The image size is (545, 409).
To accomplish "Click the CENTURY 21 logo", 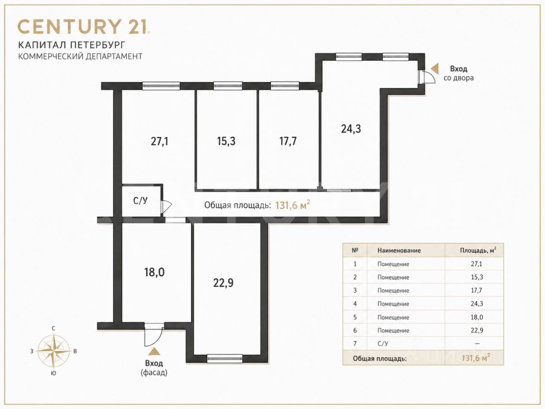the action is (x=84, y=26).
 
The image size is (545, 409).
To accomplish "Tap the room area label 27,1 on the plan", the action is (x=159, y=141).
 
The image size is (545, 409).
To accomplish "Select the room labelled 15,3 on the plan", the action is (x=226, y=141).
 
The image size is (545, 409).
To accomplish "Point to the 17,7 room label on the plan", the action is (x=288, y=141).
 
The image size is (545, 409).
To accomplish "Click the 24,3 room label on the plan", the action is (x=351, y=129).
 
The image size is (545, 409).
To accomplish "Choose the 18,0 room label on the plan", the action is (x=154, y=272).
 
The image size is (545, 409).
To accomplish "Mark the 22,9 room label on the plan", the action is (x=223, y=283).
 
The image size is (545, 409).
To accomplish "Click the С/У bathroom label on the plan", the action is (x=140, y=201).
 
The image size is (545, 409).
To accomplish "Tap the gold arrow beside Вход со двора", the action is (x=435, y=69).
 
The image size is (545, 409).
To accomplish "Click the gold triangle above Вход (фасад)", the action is (x=154, y=351).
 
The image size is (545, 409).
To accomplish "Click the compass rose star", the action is (x=53, y=351).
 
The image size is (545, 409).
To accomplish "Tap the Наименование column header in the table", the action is (x=399, y=251).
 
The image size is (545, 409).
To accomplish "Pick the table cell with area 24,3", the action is (x=477, y=303).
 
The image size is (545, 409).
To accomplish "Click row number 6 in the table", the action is (x=355, y=330).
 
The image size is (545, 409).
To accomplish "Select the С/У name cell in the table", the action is (x=383, y=343).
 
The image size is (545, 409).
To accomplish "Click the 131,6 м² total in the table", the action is (x=476, y=358).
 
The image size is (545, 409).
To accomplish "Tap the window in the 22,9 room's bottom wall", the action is (x=225, y=358).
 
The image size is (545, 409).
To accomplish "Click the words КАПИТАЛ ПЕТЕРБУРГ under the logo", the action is (x=72, y=45).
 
